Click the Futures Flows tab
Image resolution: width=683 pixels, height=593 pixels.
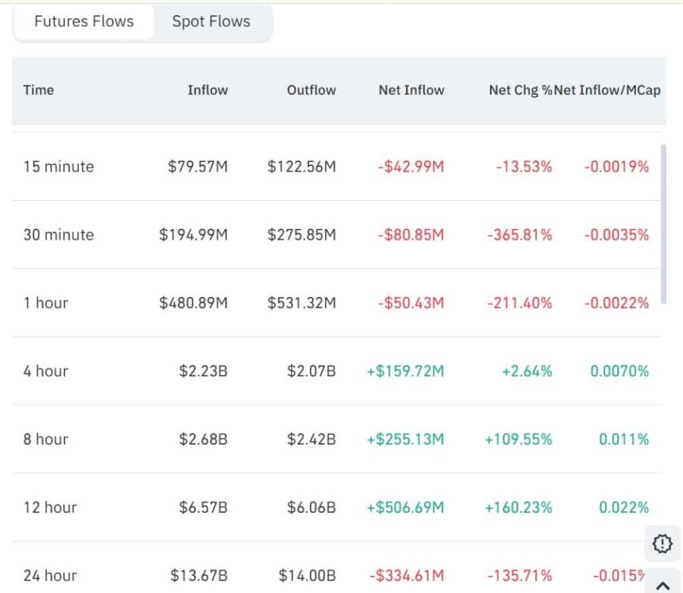click(83, 22)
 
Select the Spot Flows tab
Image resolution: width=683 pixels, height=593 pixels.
click(211, 22)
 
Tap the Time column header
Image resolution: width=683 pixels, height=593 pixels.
click(39, 90)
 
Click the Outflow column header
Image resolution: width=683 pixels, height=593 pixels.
click(311, 90)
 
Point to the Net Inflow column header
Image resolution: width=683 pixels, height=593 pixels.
click(411, 90)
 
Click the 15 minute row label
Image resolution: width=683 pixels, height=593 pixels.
click(59, 167)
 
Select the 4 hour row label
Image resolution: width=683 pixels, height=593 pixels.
click(46, 372)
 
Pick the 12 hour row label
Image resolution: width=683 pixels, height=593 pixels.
click(50, 507)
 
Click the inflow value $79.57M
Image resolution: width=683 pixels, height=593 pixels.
click(198, 167)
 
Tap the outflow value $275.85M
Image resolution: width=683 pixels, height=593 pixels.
click(302, 235)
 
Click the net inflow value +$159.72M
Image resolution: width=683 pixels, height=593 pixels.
click(405, 372)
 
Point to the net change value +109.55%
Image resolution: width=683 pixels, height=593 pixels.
click(519, 440)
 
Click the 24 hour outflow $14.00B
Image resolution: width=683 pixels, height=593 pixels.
click(307, 576)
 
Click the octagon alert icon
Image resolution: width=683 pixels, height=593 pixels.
click(662, 544)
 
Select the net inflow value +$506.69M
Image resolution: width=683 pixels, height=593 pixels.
click(405, 507)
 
